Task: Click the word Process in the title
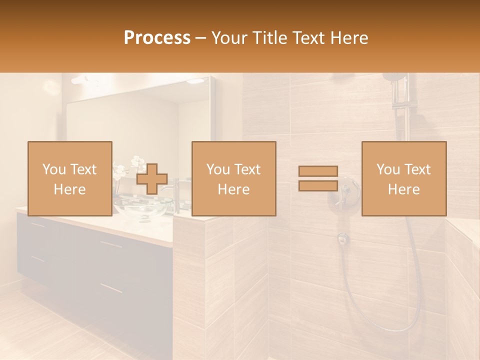point(157,38)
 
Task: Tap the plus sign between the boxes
point(152,179)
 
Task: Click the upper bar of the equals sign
point(318,171)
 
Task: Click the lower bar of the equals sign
point(318,185)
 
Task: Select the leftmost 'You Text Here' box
point(69,178)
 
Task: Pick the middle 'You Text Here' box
point(233,178)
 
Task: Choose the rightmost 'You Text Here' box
point(403,178)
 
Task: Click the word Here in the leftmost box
point(69,189)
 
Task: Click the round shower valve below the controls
point(342,238)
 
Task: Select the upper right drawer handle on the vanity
point(111,244)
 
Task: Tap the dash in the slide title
point(201,38)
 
